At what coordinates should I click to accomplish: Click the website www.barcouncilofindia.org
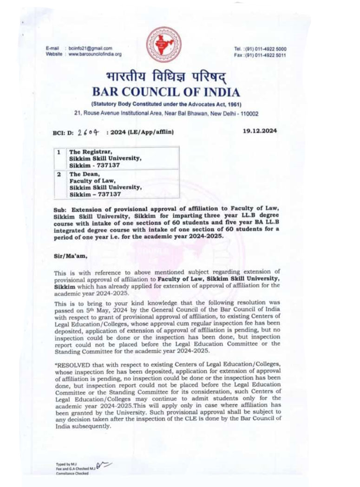click(x=95, y=54)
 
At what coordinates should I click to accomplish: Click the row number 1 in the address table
click(x=59, y=152)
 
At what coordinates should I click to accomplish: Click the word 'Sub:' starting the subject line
click(x=60, y=210)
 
